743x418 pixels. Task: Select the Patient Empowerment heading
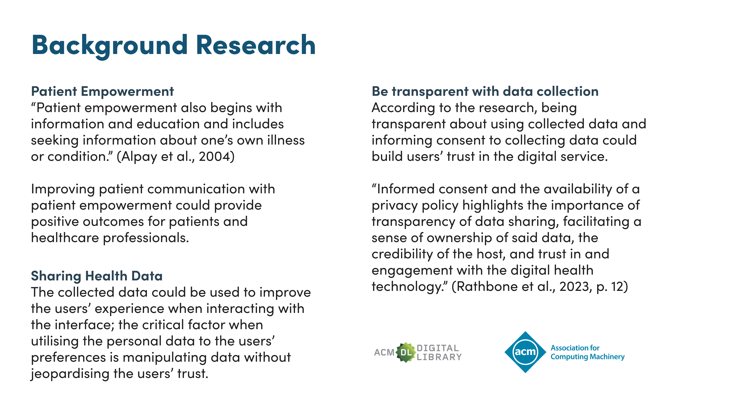pyautogui.click(x=102, y=92)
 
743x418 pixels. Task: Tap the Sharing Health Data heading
pyautogui.click(x=97, y=276)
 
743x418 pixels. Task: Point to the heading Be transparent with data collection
pyautogui.click(x=485, y=92)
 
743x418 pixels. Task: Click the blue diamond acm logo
pyautogui.click(x=525, y=352)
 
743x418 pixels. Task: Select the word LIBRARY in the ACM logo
pyautogui.click(x=439, y=357)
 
